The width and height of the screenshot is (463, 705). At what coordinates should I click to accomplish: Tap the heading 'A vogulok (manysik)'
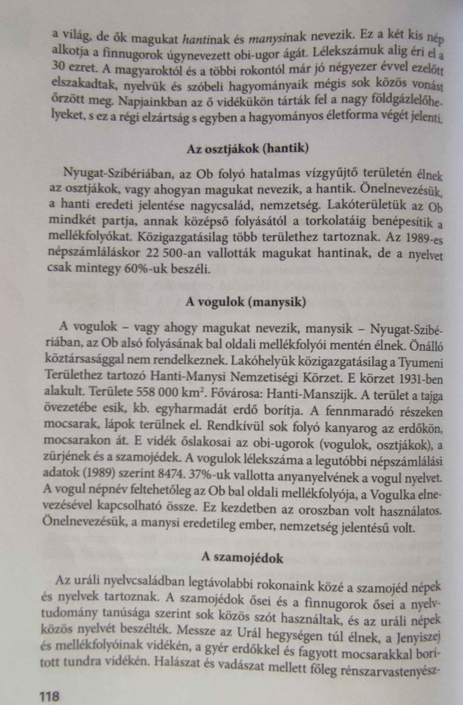246,302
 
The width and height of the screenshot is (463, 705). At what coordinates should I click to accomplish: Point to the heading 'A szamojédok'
242,558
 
